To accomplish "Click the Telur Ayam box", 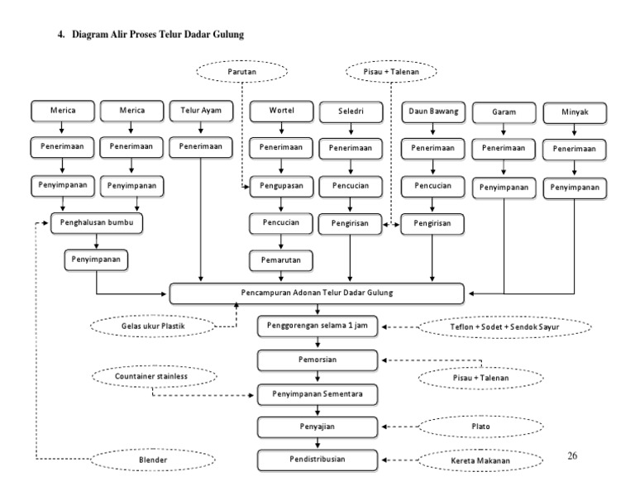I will tap(201, 110).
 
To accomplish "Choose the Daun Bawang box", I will tap(432, 111).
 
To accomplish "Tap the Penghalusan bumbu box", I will tap(98, 223).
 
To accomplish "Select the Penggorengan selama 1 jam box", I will tap(318, 327).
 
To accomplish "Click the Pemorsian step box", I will tap(318, 360).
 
